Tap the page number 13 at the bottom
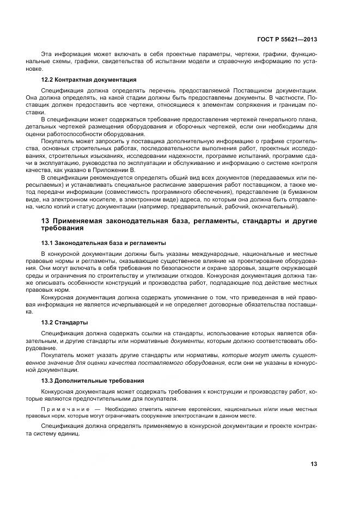coord(314,464)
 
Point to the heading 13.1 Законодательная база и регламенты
coord(103,243)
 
